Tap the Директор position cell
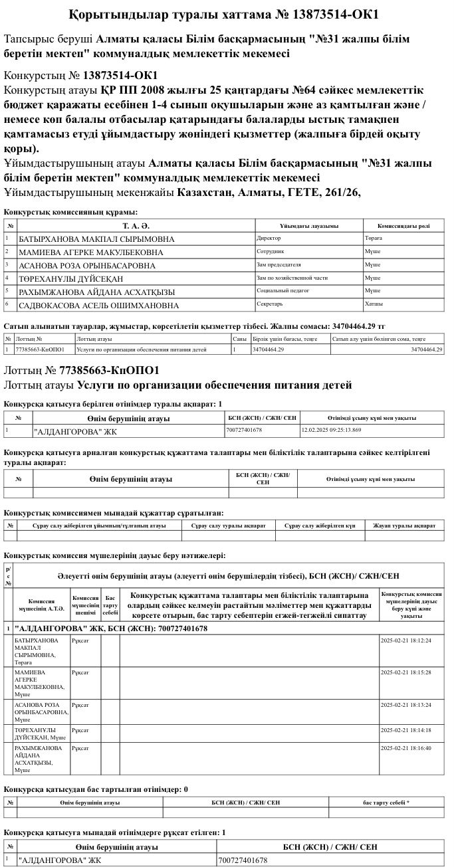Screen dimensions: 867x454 pyautogui.click(x=269, y=238)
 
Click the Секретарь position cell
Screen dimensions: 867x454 pyautogui.click(x=270, y=304)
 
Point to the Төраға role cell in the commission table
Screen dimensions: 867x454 pyautogui.click(x=374, y=238)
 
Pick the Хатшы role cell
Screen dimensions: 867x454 pyautogui.click(x=374, y=304)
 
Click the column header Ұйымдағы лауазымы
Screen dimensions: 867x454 pyautogui.click(x=308, y=226)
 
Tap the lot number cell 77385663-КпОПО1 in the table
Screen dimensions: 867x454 pyautogui.click(x=39, y=349)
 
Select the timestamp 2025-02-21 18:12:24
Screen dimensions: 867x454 pyautogui.click(x=405, y=640)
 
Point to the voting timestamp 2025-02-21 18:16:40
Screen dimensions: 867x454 pyautogui.click(x=405, y=748)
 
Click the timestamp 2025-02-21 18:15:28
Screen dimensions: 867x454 pyautogui.click(x=405, y=672)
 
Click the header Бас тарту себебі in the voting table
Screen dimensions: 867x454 pyautogui.click(x=110, y=605)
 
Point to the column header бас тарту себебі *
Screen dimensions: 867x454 pyautogui.click(x=386, y=803)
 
